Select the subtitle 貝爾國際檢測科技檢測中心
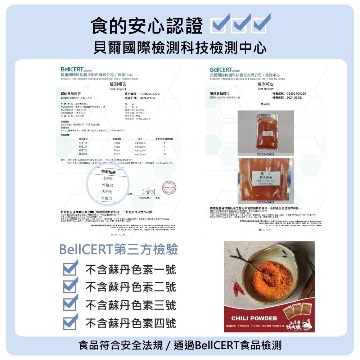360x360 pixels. click(180, 47)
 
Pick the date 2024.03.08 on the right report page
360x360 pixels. click(292, 98)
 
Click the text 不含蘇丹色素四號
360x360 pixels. click(130, 323)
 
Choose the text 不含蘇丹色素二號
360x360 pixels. click(130, 287)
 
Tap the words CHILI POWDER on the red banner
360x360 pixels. click(254, 318)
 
